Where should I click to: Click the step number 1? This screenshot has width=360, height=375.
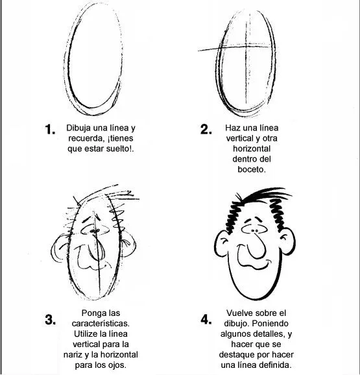[x=50, y=129]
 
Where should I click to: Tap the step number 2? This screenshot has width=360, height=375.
[x=206, y=129]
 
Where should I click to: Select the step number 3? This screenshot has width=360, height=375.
[x=50, y=320]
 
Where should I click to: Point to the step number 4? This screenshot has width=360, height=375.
[x=206, y=320]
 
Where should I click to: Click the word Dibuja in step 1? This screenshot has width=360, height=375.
[x=78, y=128]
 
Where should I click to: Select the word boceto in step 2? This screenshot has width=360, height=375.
[x=251, y=169]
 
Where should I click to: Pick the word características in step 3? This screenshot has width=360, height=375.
[x=101, y=324]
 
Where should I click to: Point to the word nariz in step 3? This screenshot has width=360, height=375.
[x=73, y=355]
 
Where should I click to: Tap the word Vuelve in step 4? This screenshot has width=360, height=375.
[x=240, y=313]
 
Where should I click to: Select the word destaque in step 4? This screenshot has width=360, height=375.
[x=235, y=355]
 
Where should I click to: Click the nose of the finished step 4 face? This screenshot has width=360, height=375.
[x=256, y=247]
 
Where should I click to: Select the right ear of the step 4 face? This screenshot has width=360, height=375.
[x=288, y=241]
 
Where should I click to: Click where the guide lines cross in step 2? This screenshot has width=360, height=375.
[x=247, y=47]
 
